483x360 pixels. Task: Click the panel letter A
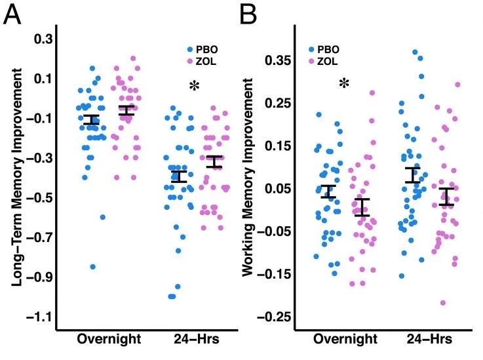[14, 14]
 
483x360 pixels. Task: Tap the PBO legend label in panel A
[206, 49]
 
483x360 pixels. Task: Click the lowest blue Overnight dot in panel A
[93, 267]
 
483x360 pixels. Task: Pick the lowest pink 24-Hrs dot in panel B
[443, 302]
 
